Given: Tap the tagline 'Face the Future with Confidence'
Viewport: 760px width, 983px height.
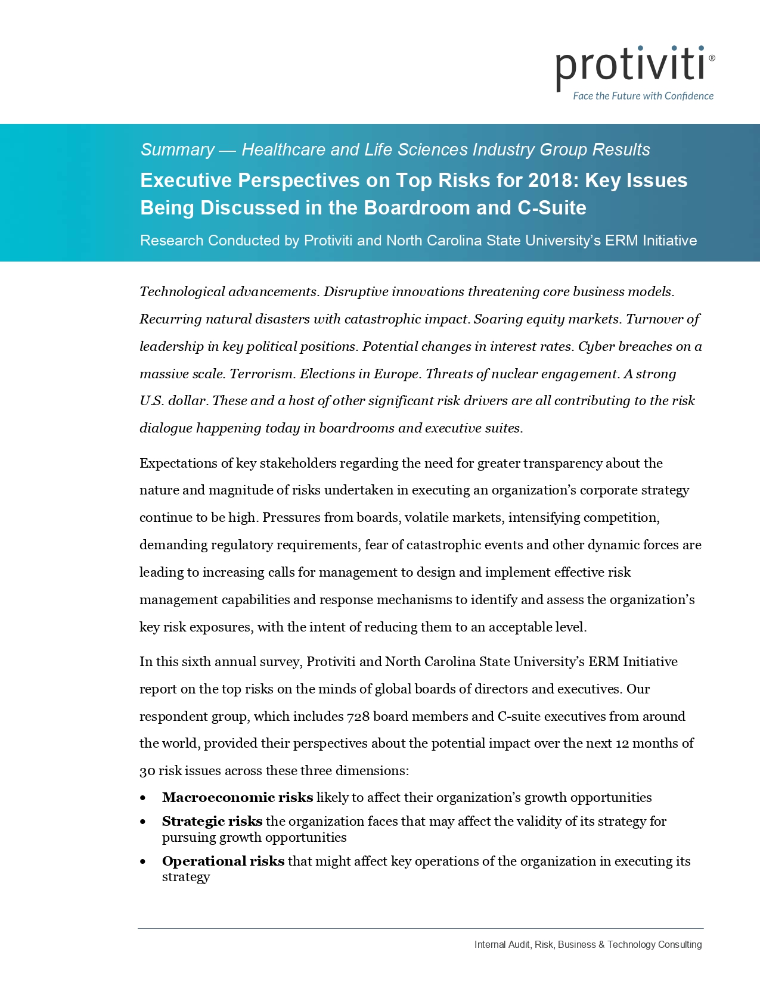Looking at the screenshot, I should (x=643, y=96).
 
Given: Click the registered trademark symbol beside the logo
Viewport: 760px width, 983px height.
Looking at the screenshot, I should (x=712, y=58).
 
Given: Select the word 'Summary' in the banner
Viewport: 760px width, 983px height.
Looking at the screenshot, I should (x=178, y=150).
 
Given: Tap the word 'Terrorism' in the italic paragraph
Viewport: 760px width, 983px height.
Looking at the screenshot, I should (x=261, y=374).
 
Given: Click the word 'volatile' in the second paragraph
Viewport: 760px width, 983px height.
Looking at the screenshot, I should (x=427, y=518).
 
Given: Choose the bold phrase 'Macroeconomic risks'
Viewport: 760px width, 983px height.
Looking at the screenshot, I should (x=237, y=798).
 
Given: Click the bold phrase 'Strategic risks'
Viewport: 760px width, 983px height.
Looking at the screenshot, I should (x=212, y=822).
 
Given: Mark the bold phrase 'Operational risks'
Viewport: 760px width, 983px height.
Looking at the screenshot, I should (x=223, y=861).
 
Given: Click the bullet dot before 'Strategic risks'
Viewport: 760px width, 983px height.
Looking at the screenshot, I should (x=142, y=822).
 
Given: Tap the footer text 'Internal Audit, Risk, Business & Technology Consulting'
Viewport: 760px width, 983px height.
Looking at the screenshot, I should (x=588, y=945).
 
